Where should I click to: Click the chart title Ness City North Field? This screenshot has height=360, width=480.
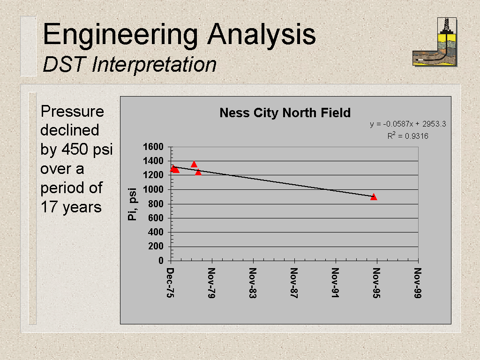click(285, 113)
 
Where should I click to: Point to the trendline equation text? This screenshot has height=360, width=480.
click(408, 124)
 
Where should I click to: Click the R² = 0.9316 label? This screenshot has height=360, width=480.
click(408, 135)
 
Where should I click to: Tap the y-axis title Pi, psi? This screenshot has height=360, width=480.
click(132, 204)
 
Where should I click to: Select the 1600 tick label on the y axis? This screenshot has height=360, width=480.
click(153, 147)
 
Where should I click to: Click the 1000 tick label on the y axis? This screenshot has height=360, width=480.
click(153, 189)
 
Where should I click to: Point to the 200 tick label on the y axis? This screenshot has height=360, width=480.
click(156, 246)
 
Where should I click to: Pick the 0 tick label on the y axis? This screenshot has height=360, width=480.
click(161, 261)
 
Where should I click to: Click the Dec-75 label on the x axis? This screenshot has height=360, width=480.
click(170, 283)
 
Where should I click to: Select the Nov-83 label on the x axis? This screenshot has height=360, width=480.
click(253, 283)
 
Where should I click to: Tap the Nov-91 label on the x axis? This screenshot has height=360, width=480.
click(335, 283)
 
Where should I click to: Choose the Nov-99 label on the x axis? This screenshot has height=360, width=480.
click(418, 283)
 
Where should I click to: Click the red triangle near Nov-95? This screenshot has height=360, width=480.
click(374, 197)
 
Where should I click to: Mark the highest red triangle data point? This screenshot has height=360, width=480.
click(194, 165)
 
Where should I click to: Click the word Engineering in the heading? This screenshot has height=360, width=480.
click(120, 35)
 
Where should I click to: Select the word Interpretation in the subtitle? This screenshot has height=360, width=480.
click(154, 65)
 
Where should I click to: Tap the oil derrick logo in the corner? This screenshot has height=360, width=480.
click(435, 42)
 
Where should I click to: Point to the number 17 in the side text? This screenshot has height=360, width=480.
click(49, 207)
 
